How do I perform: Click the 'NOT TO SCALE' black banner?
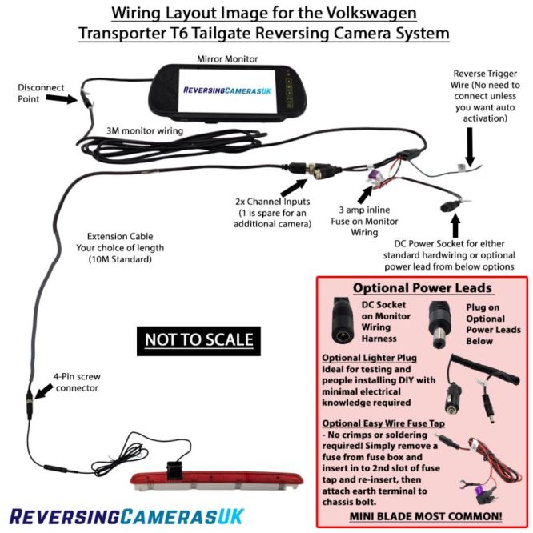click(198, 339)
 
